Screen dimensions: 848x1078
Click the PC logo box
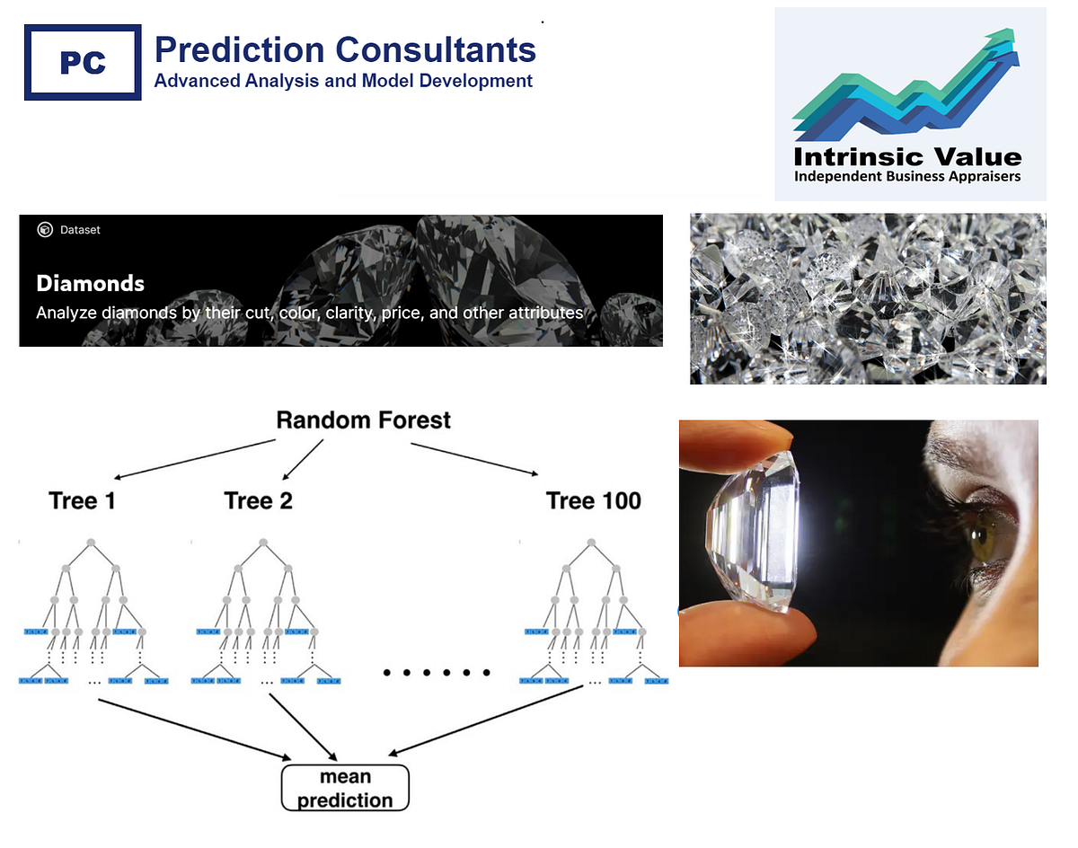83,62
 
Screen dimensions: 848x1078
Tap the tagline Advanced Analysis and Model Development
343,81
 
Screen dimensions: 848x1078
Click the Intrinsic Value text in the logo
907,156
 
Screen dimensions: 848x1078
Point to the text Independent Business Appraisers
907,176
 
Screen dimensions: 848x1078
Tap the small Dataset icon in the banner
45,230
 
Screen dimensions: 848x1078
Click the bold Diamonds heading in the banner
90,284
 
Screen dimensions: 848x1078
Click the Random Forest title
363,420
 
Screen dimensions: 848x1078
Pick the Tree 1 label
82,500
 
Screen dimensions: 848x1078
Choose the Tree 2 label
259,500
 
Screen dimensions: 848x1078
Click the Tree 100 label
593,500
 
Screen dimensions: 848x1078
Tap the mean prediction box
345,788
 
